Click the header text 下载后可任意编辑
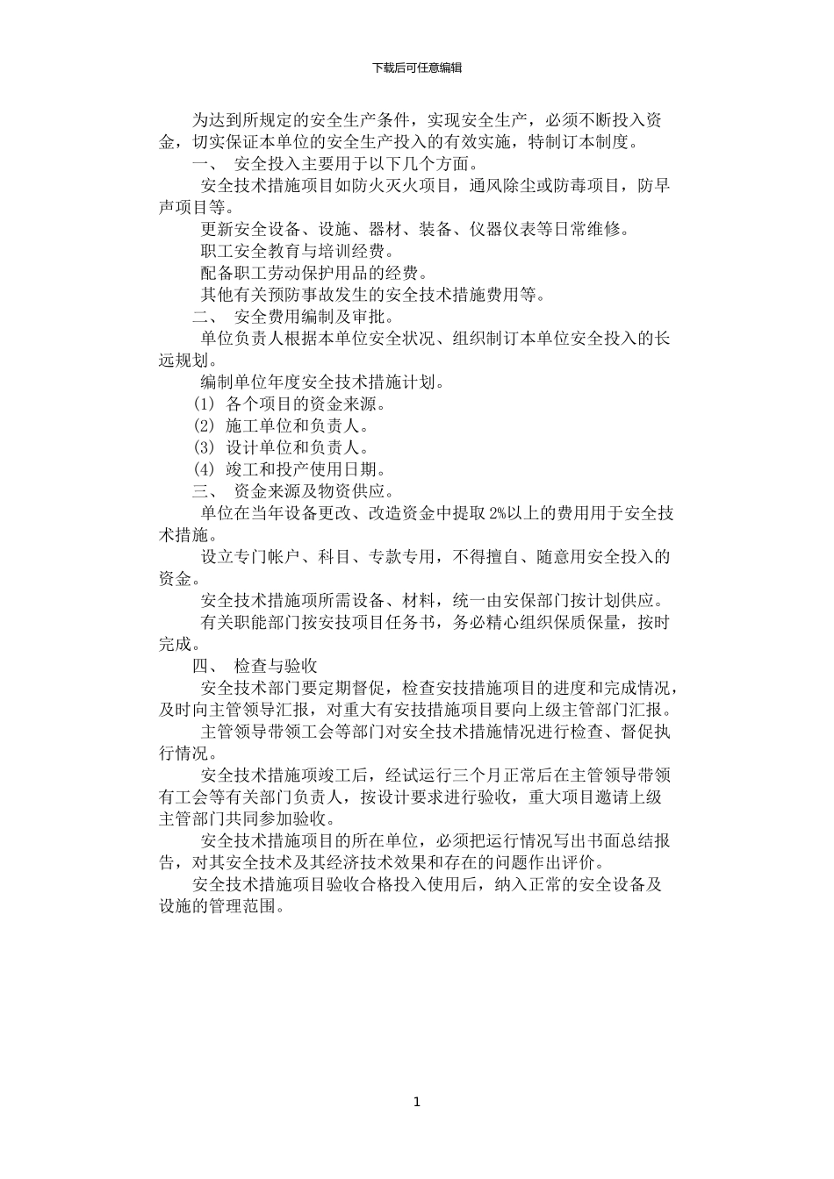(x=416, y=68)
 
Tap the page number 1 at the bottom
(x=417, y=1102)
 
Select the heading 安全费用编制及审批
(x=313, y=317)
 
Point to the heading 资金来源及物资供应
(x=313, y=491)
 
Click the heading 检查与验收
(x=276, y=666)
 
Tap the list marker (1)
(x=204, y=404)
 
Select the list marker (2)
(x=204, y=426)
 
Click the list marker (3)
(x=204, y=448)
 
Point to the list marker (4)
(x=204, y=470)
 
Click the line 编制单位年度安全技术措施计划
(x=322, y=382)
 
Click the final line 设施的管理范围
(x=221, y=906)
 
